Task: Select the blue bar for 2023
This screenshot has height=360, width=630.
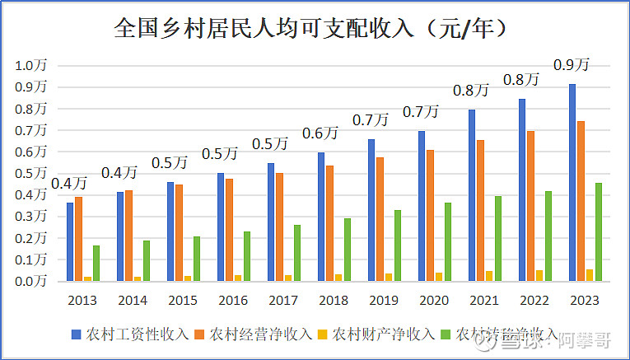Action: point(572,182)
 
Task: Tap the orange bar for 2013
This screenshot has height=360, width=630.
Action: point(79,239)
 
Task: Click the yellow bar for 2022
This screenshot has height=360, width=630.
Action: point(539,275)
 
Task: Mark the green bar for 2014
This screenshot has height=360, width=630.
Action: point(147,260)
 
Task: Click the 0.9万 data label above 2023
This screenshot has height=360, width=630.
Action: point(572,64)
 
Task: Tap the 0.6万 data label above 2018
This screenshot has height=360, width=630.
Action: point(320,133)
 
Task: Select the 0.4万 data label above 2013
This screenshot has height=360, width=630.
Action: point(70,182)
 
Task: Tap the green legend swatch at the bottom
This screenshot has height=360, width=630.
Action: point(446,334)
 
